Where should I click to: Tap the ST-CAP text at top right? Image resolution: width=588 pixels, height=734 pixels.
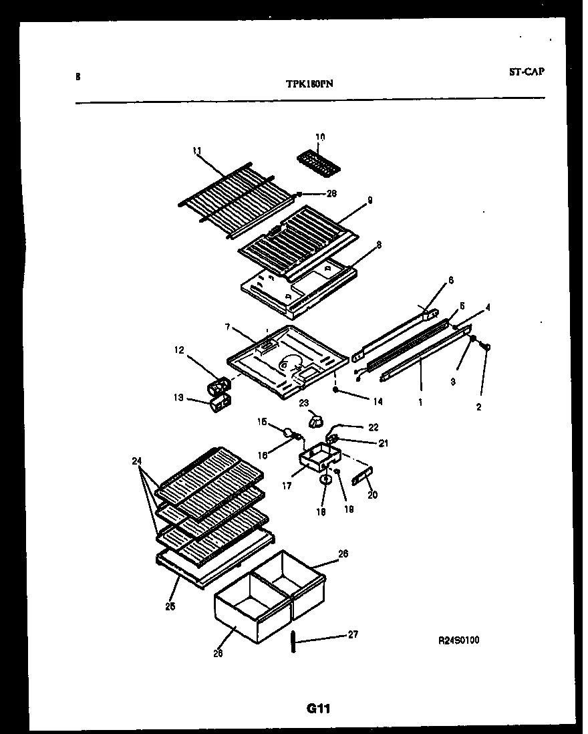pos(525,72)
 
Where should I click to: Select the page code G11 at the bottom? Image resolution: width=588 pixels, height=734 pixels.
pos(319,709)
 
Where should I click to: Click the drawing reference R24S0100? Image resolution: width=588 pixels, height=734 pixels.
pos(458,640)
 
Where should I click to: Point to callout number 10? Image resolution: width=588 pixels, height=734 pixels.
pos(320,137)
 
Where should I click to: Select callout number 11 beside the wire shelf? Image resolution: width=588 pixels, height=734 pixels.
pos(196,151)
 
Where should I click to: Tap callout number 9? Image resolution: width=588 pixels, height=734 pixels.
pos(370,200)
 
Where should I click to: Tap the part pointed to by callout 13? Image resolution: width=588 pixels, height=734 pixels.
pos(220,404)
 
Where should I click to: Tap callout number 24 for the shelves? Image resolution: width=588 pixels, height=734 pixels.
pos(138,461)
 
